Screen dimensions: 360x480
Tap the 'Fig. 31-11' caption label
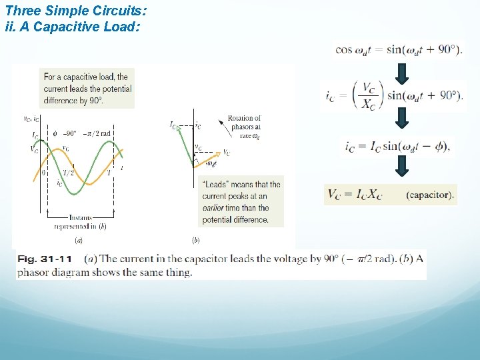click(x=45, y=259)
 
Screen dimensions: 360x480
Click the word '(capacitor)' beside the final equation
click(x=429, y=195)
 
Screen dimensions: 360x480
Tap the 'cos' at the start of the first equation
click(x=344, y=49)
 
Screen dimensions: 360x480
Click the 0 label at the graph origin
click(x=43, y=172)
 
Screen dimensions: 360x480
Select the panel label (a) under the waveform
click(x=79, y=239)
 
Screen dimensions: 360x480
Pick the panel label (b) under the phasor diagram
click(x=195, y=239)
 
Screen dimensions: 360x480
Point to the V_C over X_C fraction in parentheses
click(x=369, y=95)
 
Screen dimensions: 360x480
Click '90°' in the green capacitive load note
click(x=96, y=101)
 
